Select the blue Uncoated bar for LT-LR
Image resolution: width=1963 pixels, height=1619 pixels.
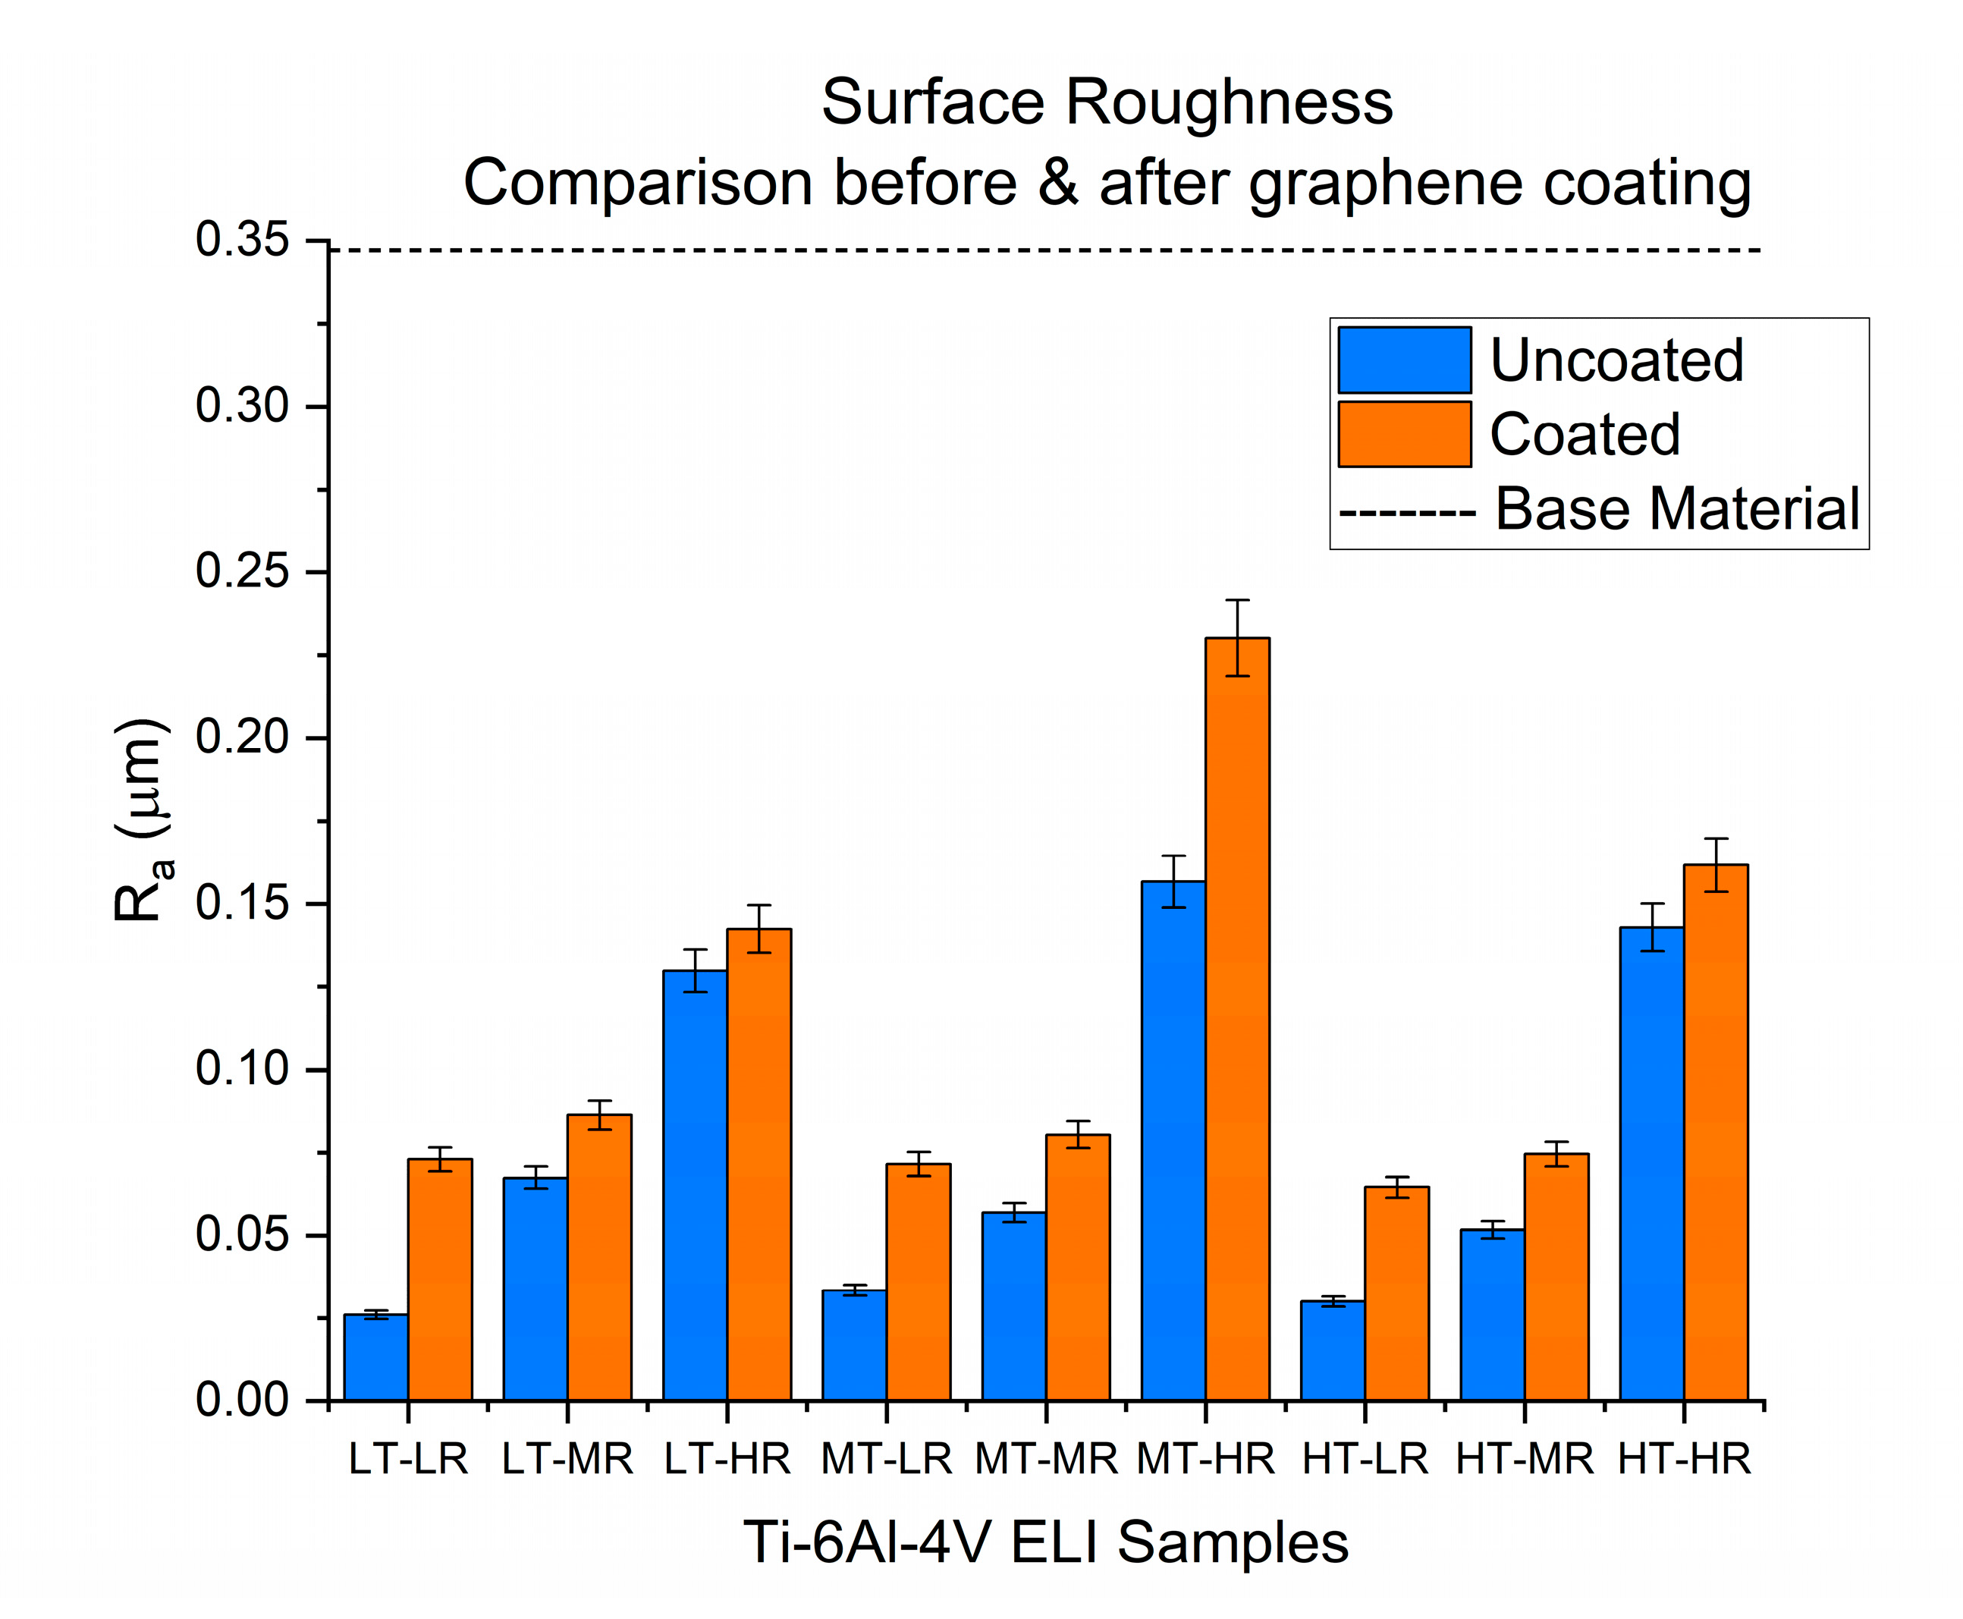click(375, 1357)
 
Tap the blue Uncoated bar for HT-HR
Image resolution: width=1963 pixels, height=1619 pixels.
click(1651, 1163)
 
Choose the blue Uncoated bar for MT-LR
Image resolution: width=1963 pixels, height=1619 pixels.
click(854, 1345)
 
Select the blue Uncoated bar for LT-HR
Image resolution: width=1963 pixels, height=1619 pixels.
click(695, 1185)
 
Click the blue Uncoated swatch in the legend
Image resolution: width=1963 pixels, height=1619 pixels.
click(1405, 359)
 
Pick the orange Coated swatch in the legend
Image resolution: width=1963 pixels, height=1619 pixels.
click(1405, 434)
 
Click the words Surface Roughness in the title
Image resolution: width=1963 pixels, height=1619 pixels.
click(1107, 102)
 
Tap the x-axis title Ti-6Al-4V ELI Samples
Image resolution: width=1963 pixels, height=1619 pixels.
click(1045, 1542)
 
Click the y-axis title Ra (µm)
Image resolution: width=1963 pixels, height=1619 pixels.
click(142, 821)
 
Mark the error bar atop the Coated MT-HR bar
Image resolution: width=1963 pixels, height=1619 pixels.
click(1236, 637)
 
